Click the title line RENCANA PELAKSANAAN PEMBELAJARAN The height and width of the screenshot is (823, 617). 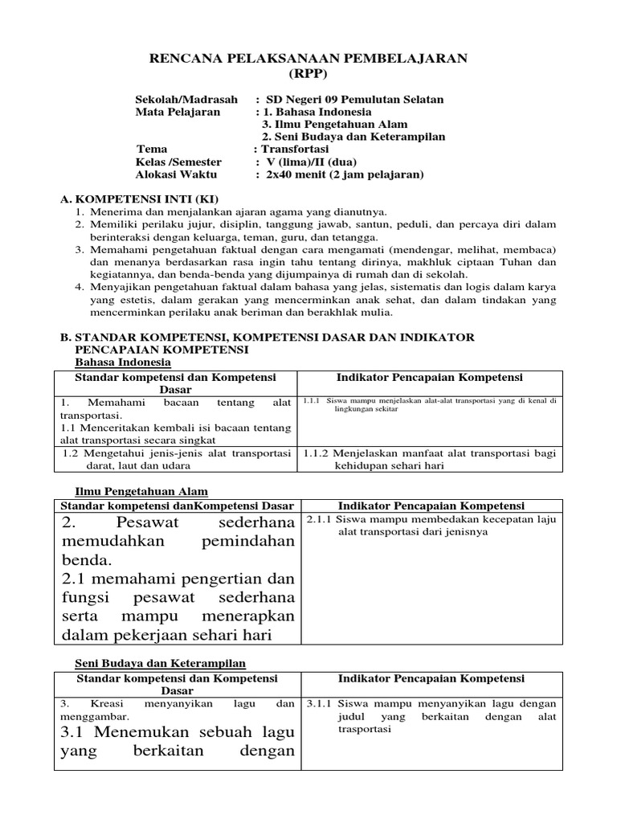(308, 59)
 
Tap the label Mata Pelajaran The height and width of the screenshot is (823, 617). (178, 113)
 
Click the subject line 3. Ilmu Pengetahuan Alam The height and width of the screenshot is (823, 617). (335, 125)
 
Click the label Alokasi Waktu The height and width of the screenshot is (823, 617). (178, 174)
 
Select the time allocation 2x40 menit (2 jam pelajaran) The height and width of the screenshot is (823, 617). (345, 174)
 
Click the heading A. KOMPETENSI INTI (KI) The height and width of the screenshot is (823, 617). (140, 199)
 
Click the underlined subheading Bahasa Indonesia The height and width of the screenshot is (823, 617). (118, 362)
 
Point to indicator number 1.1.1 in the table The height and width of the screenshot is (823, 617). (313, 399)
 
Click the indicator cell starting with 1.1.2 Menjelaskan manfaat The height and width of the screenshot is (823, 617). (429, 460)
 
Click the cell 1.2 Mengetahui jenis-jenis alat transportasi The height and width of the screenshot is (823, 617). (176, 460)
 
